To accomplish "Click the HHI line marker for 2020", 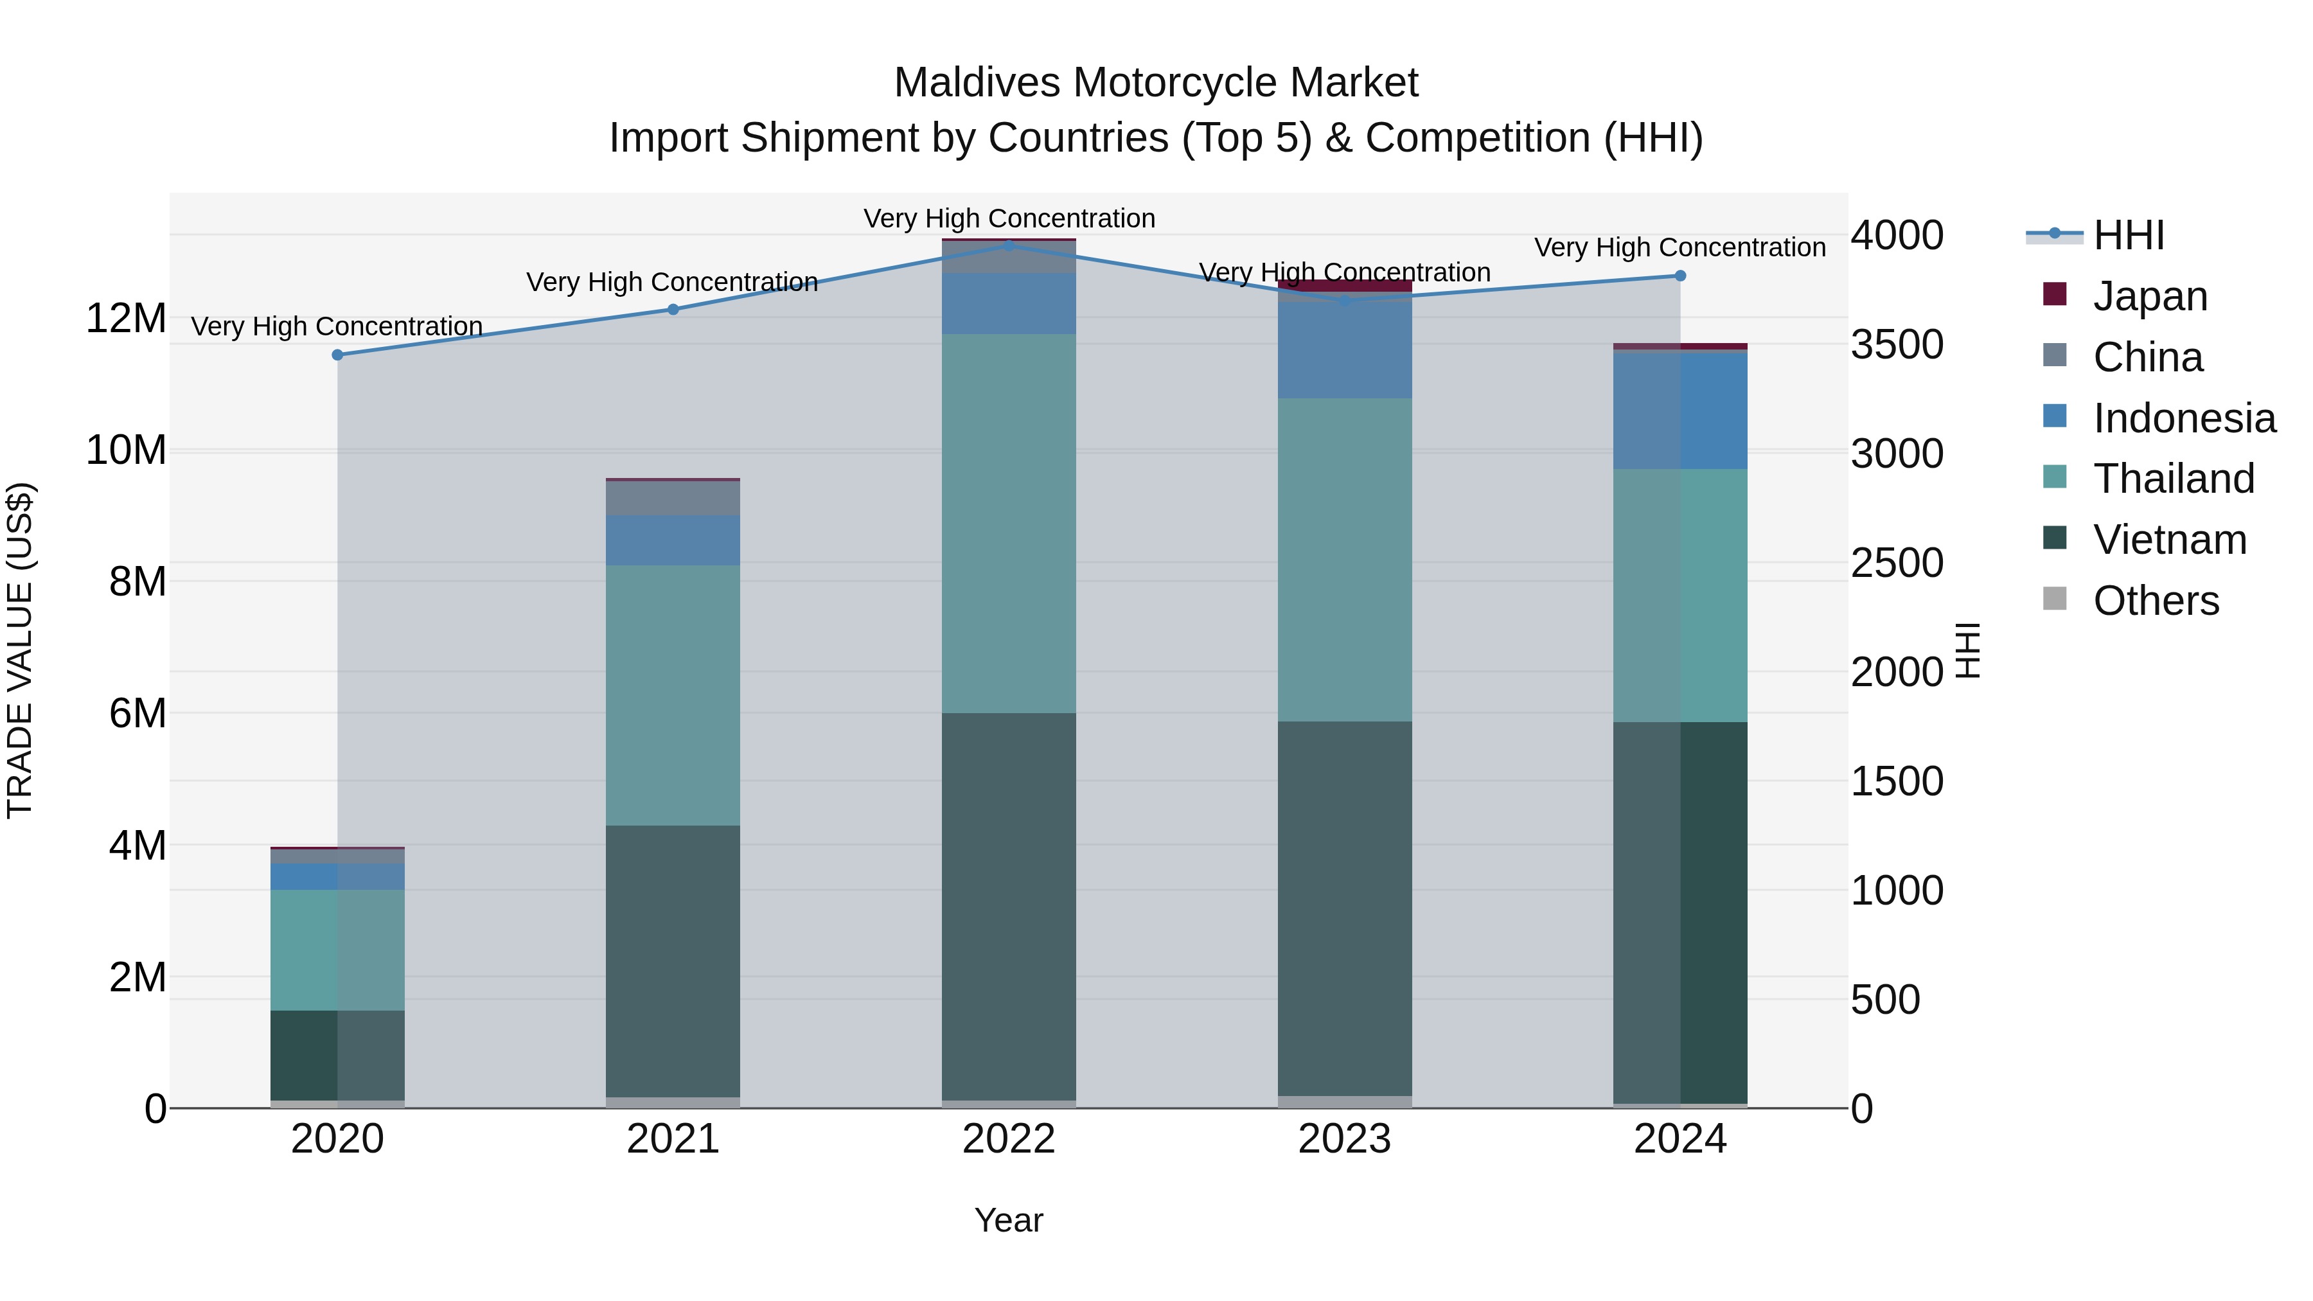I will [337, 355].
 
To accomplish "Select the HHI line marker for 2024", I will [1680, 276].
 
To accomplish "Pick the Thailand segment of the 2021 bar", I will [673, 695].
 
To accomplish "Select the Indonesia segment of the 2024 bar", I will [1680, 411].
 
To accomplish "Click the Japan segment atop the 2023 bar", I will [1344, 285].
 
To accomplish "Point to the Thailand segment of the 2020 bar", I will [337, 950].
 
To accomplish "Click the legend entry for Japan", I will [2150, 296].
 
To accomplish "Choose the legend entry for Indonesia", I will [2184, 418].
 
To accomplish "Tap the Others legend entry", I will [2155, 601].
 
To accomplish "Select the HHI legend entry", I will [2128, 235].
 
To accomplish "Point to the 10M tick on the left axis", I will [126, 450].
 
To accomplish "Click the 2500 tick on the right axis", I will [1897, 563].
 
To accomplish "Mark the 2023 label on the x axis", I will [1344, 1139].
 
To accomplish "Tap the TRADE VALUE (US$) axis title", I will [21, 650].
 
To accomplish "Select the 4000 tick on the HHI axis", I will [1897, 235].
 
